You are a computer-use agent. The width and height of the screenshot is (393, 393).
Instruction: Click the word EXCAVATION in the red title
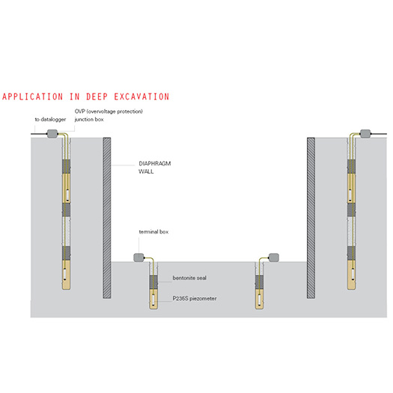click(142, 97)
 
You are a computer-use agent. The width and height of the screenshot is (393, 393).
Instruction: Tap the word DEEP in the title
click(97, 97)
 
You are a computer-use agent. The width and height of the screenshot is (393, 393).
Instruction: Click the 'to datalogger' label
click(50, 119)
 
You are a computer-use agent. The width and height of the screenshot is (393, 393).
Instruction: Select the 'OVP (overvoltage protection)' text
click(109, 112)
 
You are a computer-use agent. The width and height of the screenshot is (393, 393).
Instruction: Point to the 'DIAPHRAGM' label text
click(155, 163)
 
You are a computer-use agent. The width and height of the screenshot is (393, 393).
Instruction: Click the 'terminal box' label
click(153, 232)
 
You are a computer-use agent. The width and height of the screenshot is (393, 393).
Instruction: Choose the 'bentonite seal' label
click(189, 278)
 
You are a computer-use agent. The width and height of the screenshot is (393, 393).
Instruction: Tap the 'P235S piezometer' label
click(195, 298)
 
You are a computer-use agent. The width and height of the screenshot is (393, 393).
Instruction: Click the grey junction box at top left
click(52, 133)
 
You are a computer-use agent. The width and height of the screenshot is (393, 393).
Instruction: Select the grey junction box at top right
click(365, 133)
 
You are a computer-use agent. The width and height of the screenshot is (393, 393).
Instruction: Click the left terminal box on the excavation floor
click(138, 258)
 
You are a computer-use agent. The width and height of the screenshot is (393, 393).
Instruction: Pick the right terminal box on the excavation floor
click(274, 258)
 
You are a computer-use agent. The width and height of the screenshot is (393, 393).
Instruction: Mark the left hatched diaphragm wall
click(107, 218)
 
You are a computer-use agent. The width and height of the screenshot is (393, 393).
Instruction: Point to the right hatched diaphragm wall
click(311, 218)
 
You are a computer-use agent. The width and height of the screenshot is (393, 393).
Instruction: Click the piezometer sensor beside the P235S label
click(153, 299)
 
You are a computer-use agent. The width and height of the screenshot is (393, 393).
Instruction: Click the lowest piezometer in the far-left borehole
click(65, 274)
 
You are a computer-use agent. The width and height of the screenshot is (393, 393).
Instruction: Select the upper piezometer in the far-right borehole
click(350, 195)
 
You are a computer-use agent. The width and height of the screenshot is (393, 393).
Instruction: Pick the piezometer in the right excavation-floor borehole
click(259, 299)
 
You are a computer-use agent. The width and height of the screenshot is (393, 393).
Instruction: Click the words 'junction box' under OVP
click(89, 119)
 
